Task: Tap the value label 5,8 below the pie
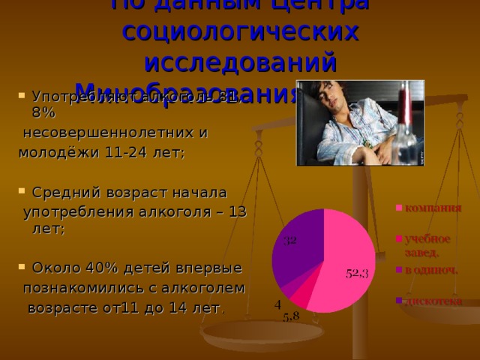(291, 317)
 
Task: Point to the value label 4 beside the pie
(277, 304)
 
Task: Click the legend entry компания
(433, 208)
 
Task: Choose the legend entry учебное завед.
(427, 244)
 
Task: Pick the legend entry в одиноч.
(431, 269)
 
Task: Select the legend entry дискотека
(433, 301)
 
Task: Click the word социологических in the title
(240, 32)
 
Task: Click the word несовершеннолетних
(115, 134)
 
